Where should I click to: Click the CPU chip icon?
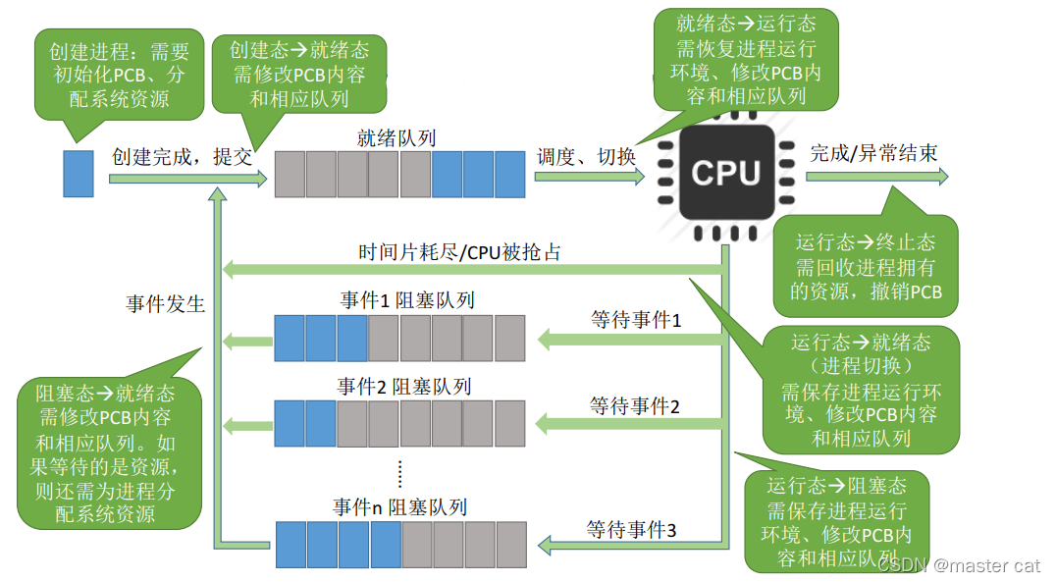tap(725, 174)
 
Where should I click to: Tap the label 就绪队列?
tap(396, 137)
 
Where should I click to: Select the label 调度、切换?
tap(586, 156)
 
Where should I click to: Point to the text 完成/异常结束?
tap(873, 153)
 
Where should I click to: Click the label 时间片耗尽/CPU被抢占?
tap(459, 252)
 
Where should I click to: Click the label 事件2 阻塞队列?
tap(403, 386)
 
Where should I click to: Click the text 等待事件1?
tap(635, 320)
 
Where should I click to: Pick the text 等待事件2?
tap(635, 404)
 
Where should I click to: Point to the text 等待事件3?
tap(632, 530)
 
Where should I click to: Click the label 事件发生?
tap(165, 303)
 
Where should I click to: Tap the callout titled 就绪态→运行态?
tap(746, 59)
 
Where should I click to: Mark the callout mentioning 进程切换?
tap(860, 391)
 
